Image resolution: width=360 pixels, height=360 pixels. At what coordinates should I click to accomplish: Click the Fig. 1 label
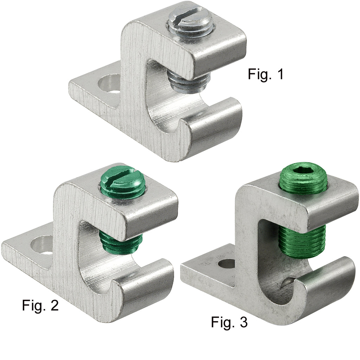(265, 75)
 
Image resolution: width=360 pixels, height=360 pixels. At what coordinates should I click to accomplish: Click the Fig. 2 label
(40, 305)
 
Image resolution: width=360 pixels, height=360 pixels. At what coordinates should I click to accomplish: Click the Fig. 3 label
(229, 322)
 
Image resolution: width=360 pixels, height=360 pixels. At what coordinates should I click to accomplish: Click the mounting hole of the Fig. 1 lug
(110, 84)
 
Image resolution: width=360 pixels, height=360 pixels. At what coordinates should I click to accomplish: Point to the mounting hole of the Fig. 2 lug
(43, 245)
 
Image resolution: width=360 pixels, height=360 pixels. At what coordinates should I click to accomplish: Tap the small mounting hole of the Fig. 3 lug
(227, 263)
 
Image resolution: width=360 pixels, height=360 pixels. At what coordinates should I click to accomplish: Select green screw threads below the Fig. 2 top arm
(121, 242)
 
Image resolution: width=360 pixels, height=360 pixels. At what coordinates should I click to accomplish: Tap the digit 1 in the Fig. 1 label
(279, 75)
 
